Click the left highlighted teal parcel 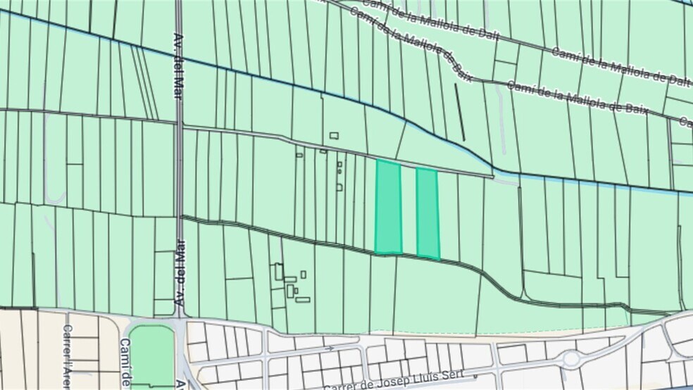388,207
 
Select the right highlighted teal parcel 427,213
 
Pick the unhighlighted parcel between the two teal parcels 408,210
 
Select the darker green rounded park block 151,355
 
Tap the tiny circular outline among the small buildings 339,171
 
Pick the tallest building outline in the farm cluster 279,271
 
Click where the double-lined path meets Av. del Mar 180,218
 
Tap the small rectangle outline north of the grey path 334,135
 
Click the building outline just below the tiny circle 339,187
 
